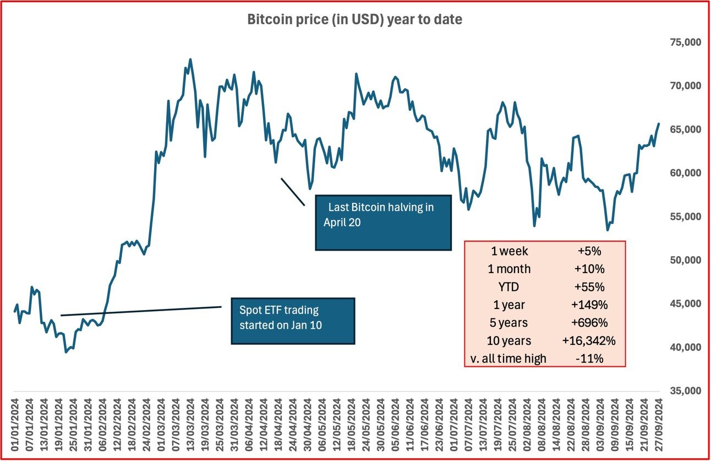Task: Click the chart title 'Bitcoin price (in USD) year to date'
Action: pyautogui.click(x=354, y=20)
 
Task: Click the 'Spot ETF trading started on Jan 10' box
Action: pyautogui.click(x=293, y=321)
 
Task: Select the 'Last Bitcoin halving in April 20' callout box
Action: pyautogui.click(x=383, y=223)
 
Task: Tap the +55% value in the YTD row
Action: pyautogui.click(x=589, y=286)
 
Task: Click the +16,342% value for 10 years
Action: pyautogui.click(x=589, y=340)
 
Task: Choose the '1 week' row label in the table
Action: pyautogui.click(x=510, y=251)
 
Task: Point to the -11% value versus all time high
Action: pyautogui.click(x=589, y=359)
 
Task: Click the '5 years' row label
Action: pyautogui.click(x=510, y=323)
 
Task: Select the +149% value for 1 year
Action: pyautogui.click(x=589, y=305)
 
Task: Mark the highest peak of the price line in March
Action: pyautogui.click(x=190, y=59)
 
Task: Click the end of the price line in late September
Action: pyautogui.click(x=658, y=124)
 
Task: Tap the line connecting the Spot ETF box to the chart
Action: pyautogui.click(x=141, y=311)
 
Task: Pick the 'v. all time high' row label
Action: pyautogui.click(x=510, y=359)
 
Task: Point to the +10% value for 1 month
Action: pyautogui.click(x=589, y=269)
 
